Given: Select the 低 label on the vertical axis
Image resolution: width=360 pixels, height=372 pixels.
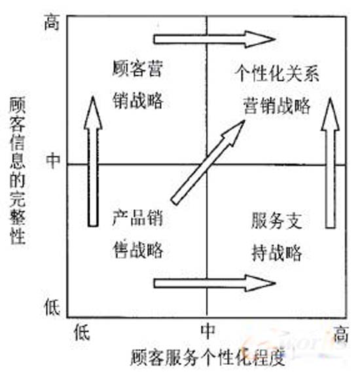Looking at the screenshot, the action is (x=52, y=307).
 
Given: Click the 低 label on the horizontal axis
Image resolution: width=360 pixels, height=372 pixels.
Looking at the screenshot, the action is (x=82, y=332).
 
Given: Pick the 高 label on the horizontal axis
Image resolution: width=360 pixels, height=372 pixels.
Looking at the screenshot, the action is (x=341, y=333).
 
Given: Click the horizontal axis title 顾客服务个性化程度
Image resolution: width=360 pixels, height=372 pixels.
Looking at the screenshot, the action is (x=208, y=357).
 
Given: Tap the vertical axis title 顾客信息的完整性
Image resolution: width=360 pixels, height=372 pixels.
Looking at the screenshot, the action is (x=18, y=171).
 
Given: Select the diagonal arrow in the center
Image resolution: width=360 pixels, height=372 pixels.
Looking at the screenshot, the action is (x=208, y=162).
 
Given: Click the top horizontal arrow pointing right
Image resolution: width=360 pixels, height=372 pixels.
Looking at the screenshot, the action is (x=215, y=39).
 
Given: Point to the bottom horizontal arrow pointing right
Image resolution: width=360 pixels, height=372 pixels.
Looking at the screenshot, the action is (x=215, y=283).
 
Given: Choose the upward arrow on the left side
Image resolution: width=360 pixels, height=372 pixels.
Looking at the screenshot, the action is (x=93, y=161).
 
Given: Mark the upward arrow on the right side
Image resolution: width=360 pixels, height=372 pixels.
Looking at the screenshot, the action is (x=331, y=163).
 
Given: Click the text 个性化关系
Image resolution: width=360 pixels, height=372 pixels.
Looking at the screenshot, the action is (x=277, y=73).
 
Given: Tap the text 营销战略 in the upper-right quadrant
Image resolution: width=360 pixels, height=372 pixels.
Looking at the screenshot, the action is (x=277, y=105).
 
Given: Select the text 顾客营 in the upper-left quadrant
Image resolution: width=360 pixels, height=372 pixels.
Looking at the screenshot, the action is (x=137, y=69).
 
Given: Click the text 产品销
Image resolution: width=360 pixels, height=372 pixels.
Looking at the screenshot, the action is (x=137, y=218).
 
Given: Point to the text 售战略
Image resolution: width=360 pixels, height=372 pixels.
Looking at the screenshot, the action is (x=138, y=250).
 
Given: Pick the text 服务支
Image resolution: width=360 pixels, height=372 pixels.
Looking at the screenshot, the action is (x=276, y=220).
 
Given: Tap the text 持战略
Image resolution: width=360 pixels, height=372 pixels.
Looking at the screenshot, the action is (x=276, y=252).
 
